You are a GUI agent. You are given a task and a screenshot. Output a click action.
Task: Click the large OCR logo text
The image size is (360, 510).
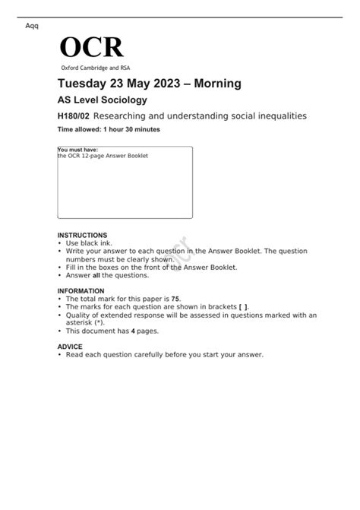(91, 48)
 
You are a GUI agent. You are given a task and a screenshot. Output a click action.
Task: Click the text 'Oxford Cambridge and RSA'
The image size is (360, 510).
(90, 68)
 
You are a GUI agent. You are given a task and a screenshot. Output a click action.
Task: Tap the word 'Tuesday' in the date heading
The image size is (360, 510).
(85, 84)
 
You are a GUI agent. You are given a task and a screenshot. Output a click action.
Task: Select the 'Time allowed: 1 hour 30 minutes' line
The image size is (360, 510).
(109, 130)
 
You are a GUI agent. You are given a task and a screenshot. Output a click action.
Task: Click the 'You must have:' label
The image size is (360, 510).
(77, 150)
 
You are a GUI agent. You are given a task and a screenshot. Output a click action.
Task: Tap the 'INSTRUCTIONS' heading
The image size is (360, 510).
(82, 236)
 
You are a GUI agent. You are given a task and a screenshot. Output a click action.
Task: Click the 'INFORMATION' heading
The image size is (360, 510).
(81, 291)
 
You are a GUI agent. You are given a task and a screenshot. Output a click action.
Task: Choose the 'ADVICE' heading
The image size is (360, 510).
(70, 346)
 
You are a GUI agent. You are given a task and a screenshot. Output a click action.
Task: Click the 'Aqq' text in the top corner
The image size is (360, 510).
(32, 26)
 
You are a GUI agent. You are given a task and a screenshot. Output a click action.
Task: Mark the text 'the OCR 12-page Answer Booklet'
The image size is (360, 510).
(103, 156)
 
